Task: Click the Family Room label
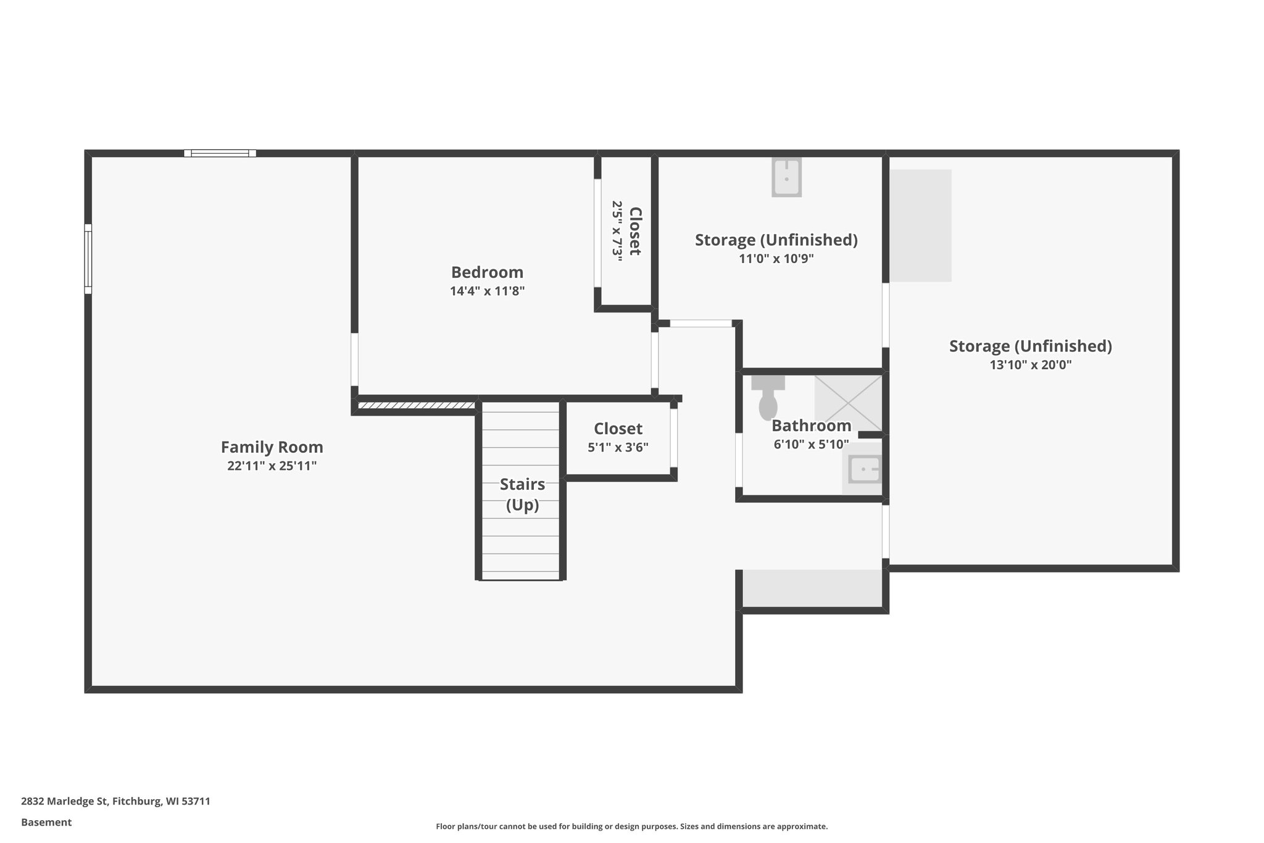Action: (272, 447)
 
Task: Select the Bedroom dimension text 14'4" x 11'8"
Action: (487, 291)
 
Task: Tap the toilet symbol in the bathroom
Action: (767, 400)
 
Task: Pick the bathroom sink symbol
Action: (863, 469)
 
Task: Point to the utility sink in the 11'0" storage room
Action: (786, 177)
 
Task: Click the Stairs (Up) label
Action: (522, 494)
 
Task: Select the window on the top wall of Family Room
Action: (220, 153)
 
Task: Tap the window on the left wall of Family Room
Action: (88, 258)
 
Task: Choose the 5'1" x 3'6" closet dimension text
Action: (618, 447)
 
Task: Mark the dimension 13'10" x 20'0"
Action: (1030, 365)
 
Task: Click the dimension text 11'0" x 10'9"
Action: (776, 259)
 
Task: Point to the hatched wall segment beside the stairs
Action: (417, 406)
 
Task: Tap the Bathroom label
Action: (811, 426)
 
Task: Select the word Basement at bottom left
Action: (46, 822)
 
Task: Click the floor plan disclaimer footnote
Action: (631, 826)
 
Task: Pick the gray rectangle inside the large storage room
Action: (920, 225)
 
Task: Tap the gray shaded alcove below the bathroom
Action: (812, 588)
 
